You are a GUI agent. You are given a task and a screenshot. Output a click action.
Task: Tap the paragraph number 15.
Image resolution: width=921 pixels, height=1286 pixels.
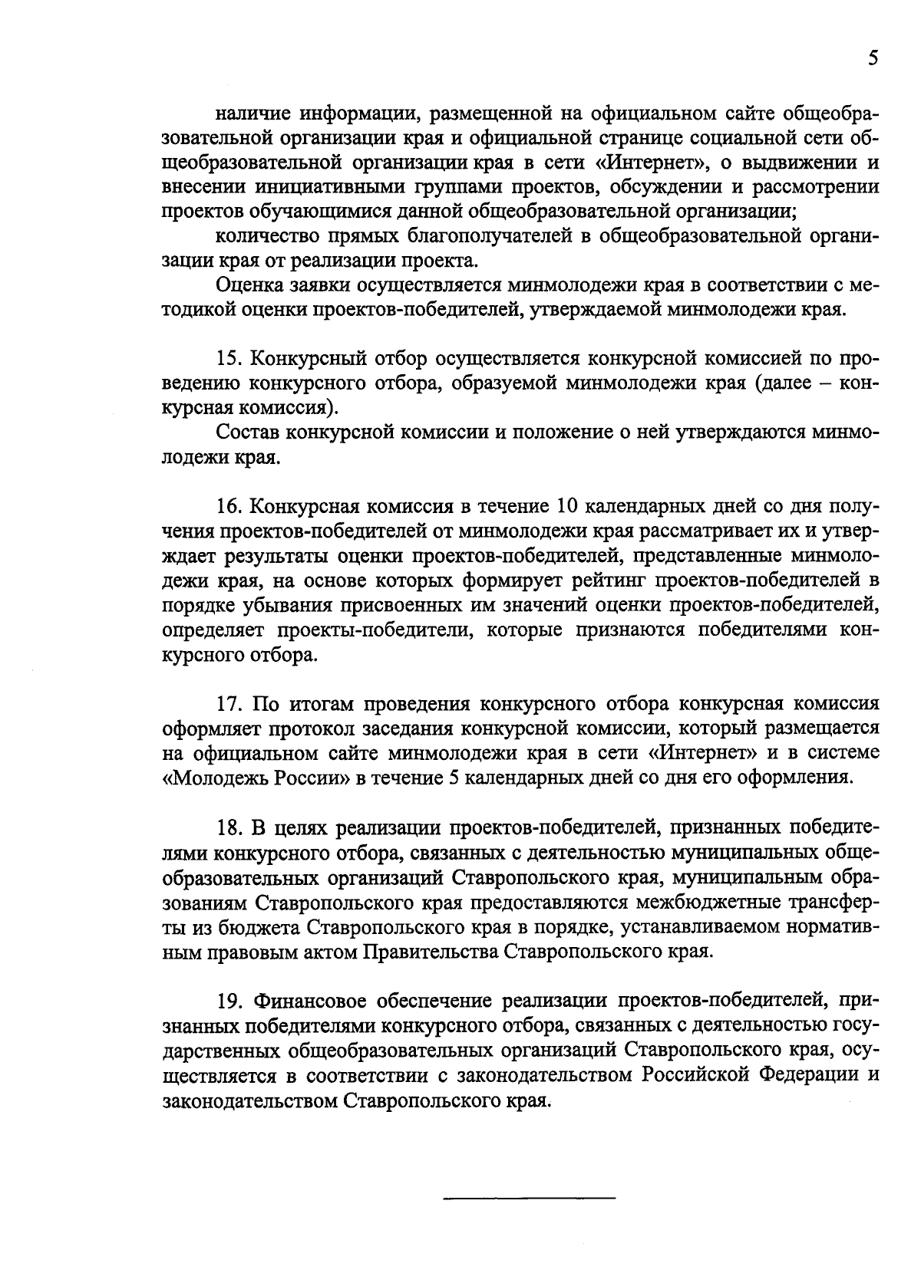click(230, 358)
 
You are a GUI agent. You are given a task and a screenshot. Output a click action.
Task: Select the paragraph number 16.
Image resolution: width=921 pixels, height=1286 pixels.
click(230, 507)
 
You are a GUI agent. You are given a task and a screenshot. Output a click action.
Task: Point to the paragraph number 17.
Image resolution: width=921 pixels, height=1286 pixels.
click(230, 705)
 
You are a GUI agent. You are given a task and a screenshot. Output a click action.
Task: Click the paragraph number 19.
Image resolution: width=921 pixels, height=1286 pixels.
click(230, 1002)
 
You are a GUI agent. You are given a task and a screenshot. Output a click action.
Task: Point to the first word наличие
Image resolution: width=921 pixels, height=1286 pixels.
click(250, 114)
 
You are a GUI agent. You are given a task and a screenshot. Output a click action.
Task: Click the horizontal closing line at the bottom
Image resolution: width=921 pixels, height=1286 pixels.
click(530, 1198)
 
